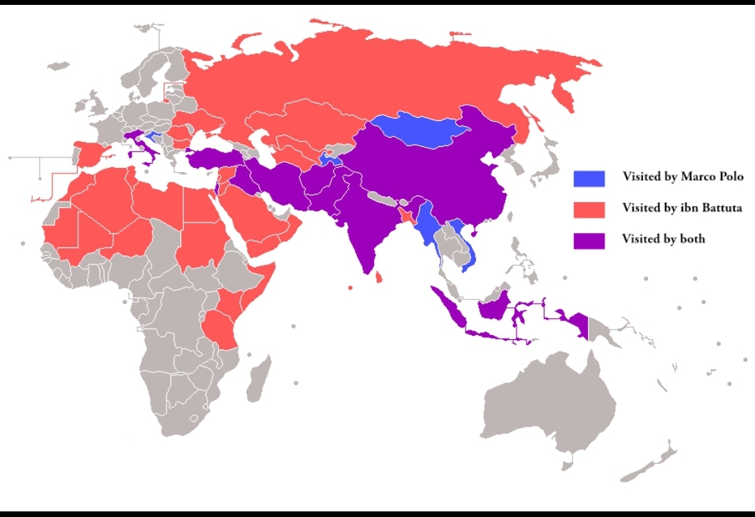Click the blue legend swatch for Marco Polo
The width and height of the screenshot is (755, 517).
(589, 178)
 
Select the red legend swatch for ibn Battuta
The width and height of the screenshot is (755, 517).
(589, 208)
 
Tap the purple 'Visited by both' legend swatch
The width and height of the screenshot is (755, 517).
(589, 239)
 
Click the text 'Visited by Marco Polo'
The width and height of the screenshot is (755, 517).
(682, 177)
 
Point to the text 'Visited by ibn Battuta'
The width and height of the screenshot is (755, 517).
(682, 208)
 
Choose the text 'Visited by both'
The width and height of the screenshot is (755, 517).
(663, 239)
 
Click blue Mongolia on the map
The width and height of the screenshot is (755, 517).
(419, 131)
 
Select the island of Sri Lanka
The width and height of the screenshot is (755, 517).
(379, 278)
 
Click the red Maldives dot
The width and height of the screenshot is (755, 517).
(350, 288)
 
